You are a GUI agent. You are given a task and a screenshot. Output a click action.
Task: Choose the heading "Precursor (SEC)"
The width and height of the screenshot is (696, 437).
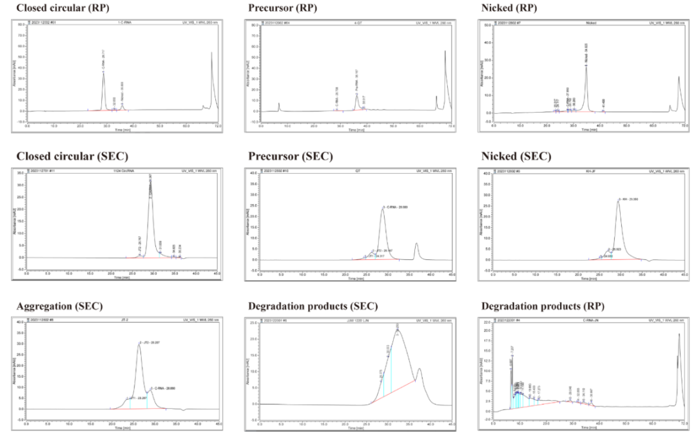(x=285, y=156)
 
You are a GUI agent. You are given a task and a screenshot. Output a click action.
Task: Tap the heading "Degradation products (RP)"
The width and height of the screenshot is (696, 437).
(x=536, y=306)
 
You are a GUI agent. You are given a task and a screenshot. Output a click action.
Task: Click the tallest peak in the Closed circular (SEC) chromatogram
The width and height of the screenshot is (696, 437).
(x=151, y=178)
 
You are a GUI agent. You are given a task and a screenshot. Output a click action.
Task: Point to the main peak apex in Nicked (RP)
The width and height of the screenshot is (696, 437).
(x=586, y=66)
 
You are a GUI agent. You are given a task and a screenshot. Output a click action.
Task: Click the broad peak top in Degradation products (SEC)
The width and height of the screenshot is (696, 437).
(x=397, y=330)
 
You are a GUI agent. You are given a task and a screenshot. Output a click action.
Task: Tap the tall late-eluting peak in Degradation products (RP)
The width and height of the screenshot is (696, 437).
(x=679, y=334)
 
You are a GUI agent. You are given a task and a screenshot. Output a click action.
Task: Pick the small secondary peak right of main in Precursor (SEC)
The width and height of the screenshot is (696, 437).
(x=416, y=244)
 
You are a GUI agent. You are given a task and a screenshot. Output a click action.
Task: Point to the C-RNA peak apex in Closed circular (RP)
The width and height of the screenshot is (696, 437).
(x=103, y=72)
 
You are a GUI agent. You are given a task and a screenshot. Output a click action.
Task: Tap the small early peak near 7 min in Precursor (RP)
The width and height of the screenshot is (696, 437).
(x=279, y=104)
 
